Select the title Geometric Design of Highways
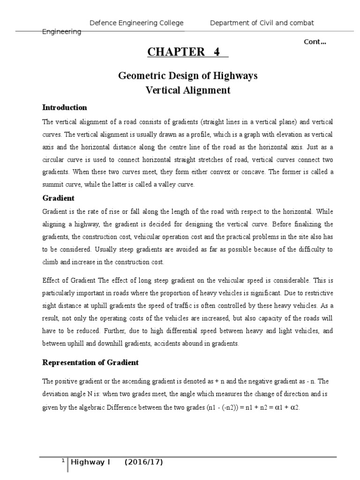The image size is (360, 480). coord(187,75)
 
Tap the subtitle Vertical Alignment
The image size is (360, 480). coord(187,90)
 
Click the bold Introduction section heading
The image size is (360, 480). coord(65,107)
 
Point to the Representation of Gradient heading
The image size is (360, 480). coord(90,362)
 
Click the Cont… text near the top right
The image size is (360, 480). coord(315,42)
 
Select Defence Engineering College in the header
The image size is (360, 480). coord(136,23)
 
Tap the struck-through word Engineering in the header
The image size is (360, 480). coord(62,31)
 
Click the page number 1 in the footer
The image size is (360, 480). coord(63,461)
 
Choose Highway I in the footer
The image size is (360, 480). coord(90,463)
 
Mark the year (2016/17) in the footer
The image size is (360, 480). coord(143,463)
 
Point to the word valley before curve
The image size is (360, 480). coord(162,185)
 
